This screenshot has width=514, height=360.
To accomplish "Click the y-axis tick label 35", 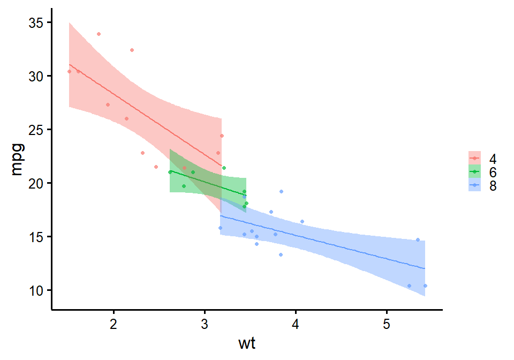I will (37, 22).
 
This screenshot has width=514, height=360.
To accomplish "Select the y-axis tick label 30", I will (37, 76).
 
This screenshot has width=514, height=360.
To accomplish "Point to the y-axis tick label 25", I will (37, 130).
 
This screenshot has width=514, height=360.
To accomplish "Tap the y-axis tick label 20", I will (37, 183).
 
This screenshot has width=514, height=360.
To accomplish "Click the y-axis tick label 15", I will (37, 237).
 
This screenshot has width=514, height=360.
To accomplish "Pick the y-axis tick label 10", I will (37, 290).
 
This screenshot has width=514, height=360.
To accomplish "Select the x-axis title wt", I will (247, 344).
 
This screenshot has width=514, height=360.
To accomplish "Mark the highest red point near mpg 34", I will (99, 34).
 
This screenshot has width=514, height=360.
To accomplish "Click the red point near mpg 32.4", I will (132, 50).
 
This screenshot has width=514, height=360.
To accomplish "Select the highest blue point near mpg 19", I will (281, 191).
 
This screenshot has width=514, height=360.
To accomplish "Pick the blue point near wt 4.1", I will (302, 221).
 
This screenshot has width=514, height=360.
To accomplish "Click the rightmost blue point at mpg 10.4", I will (425, 286).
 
